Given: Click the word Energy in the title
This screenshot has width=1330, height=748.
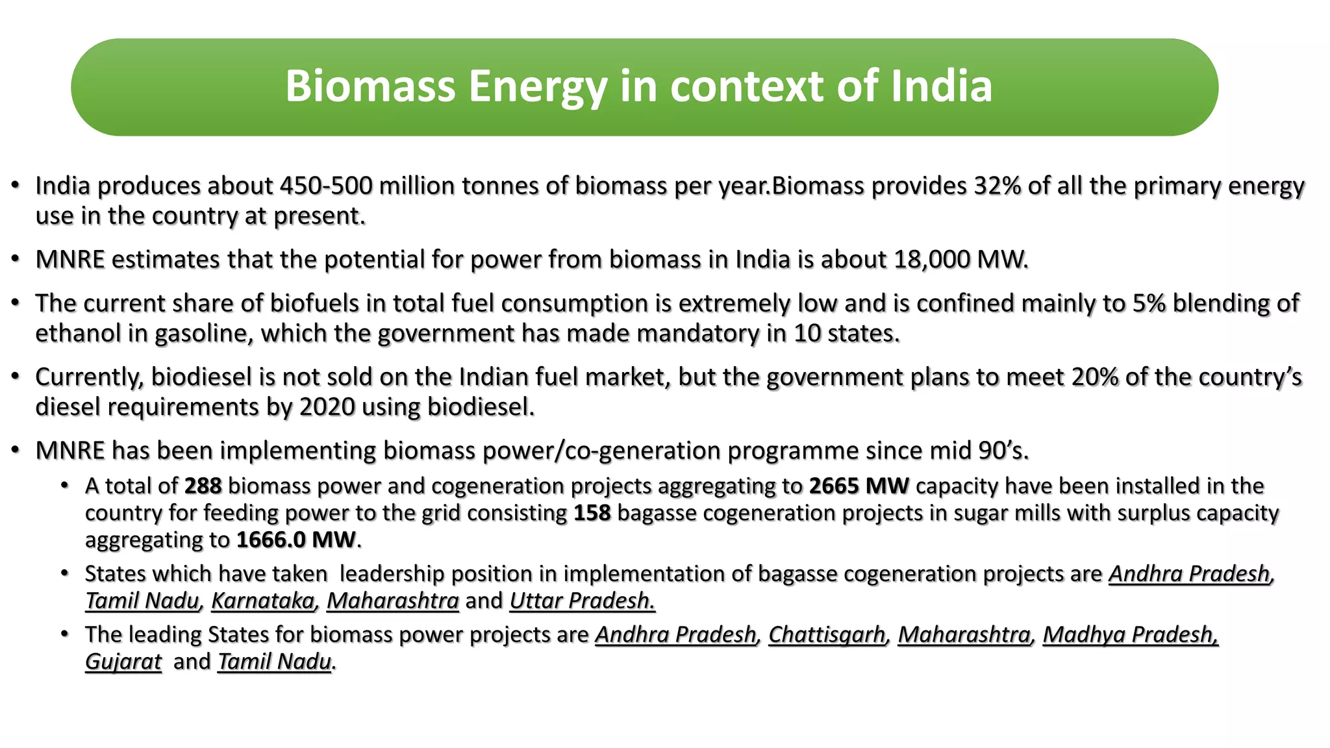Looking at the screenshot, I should pos(538,86).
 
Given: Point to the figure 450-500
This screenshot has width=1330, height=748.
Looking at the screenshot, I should pos(326,186).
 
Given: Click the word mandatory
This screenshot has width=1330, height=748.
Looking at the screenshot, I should pos(697,334).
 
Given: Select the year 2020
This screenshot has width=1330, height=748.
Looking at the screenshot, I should pos(327,407).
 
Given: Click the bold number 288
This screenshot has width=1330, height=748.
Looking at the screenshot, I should pos(203,486).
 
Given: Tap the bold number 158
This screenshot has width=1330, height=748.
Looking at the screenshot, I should pos(592,513).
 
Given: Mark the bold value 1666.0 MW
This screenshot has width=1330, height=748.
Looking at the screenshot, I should pos(295,540).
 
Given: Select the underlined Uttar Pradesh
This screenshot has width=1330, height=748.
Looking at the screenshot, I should pos(581,601).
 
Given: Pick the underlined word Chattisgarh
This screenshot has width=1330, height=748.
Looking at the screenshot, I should pos(827,634).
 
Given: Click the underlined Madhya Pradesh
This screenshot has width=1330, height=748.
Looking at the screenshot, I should pos(1129,634).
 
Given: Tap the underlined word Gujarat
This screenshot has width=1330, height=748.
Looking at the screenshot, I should pos(123,662).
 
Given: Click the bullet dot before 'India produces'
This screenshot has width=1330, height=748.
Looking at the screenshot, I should pos(15,186).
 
